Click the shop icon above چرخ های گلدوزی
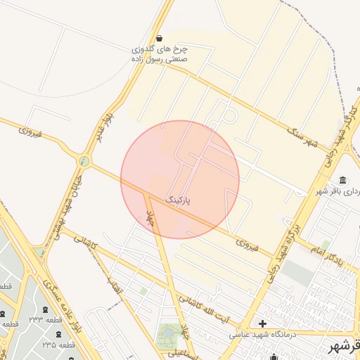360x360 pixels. coord(160,37)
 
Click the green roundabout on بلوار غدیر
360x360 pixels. coord(84,162)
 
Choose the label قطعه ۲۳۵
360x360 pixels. coord(58,345)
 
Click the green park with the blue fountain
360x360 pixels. coord(169,335)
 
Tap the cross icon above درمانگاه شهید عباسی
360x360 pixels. coord(263,323)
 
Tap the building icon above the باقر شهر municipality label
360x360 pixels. coord(342,180)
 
